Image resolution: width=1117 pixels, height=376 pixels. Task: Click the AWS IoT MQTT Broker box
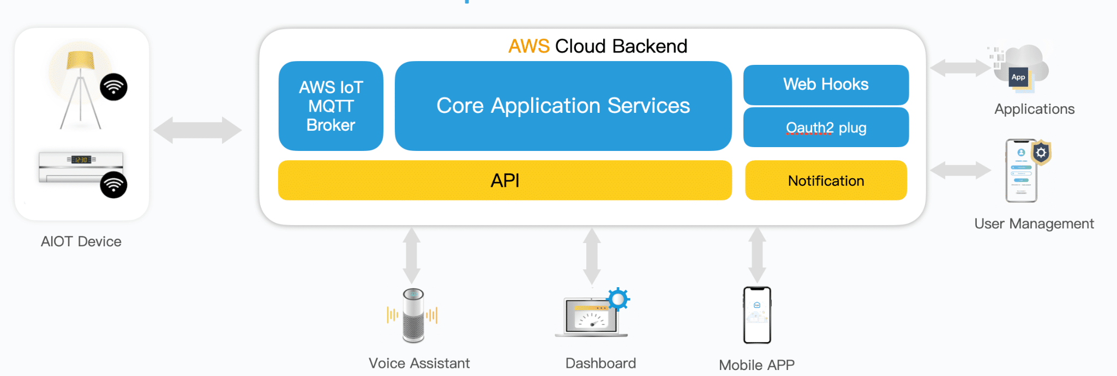[x=331, y=106]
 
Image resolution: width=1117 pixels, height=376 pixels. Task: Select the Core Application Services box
[x=563, y=106]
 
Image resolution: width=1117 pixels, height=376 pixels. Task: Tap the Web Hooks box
[x=826, y=84]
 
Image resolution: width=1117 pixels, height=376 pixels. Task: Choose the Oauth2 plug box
[x=826, y=128]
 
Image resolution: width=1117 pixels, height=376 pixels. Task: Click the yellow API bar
[x=505, y=180]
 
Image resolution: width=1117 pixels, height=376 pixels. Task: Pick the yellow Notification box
[x=826, y=180]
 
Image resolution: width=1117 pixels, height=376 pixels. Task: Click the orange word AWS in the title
[x=529, y=46]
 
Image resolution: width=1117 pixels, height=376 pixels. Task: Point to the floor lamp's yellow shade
[x=80, y=60]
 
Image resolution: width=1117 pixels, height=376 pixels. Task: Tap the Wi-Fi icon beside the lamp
[x=113, y=87]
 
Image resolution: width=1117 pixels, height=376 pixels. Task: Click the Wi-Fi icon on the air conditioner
[x=113, y=185]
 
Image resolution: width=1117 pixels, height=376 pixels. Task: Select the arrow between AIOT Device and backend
[x=197, y=130]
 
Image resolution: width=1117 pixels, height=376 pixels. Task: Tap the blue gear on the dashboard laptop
[x=618, y=299]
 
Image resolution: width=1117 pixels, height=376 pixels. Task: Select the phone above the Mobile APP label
[x=757, y=315]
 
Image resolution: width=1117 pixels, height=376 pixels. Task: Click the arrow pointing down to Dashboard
[x=592, y=256]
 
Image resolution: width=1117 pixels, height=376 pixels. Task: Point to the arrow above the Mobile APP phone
[x=757, y=255]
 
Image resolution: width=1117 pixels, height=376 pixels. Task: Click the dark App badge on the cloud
[x=1018, y=77]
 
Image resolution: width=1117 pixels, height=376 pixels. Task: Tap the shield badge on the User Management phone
[x=1041, y=153]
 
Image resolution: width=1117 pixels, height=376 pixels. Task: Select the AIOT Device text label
[x=81, y=241]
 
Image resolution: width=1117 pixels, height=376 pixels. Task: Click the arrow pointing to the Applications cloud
[x=960, y=68]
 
